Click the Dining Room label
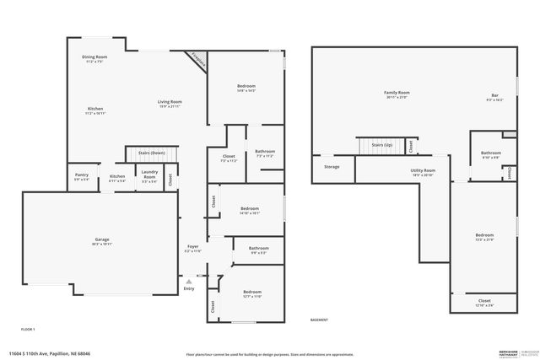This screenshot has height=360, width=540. tap(94, 58)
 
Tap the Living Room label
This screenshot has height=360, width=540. tap(170, 104)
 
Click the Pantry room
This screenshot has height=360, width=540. tap(81, 177)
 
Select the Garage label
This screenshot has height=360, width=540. tap(100, 241)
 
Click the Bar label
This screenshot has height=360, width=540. tap(494, 96)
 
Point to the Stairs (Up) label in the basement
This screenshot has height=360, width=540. tap(381, 145)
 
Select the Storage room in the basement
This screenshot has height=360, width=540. tap(332, 167)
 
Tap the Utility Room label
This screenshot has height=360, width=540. tap(423, 172)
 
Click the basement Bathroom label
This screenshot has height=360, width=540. tap(490, 154)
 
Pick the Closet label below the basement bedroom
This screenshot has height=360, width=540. tap(484, 302)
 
